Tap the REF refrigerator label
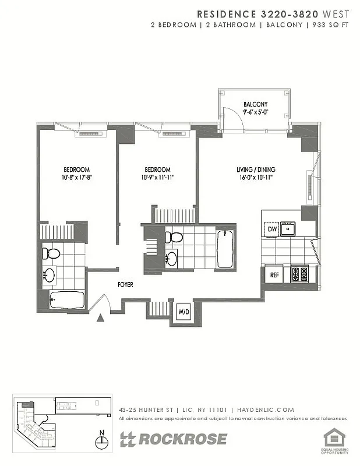(273, 274)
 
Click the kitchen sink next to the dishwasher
(287, 229)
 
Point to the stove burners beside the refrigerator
(299, 274)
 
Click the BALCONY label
(255, 105)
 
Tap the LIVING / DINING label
(256, 170)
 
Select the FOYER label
(125, 285)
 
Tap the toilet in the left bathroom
(52, 253)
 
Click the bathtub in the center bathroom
(224, 249)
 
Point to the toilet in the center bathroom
(174, 237)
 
